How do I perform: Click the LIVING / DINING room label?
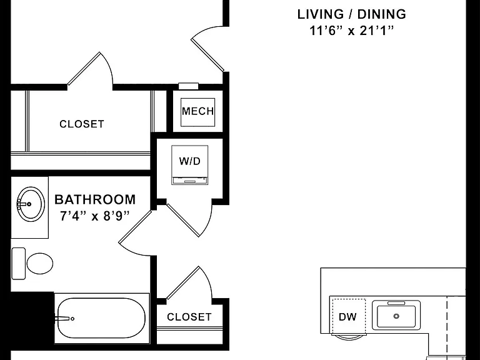pos(352,14)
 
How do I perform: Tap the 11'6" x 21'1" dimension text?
pos(351,31)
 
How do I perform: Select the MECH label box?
pos(197,112)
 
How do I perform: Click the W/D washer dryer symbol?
pos(190,165)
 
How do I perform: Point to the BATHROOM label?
pos(95,199)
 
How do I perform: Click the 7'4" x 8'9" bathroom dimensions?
pos(95,216)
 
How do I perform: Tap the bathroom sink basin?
pos(31,204)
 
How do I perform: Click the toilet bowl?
pos(40,263)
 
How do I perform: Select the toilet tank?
pos(18,264)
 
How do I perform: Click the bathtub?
pos(101,318)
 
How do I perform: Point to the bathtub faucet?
pos(64,319)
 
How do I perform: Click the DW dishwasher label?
pos(347,316)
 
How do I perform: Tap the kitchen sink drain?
pos(396,316)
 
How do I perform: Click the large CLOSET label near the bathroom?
pos(82,124)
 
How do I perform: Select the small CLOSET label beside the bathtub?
pos(189,317)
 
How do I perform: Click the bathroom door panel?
pos(135,226)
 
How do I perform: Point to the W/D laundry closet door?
pos(183,220)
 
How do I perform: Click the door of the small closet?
pos(183,282)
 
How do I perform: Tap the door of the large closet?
pos(84,68)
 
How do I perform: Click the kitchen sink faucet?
pos(396,303)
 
